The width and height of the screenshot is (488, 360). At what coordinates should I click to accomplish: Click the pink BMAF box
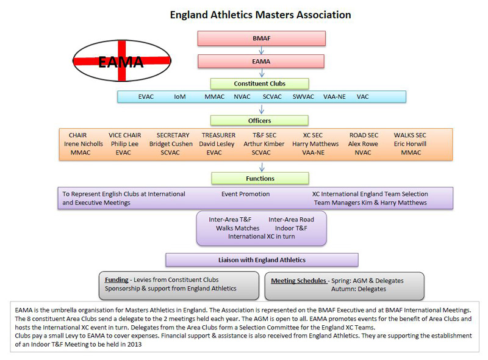262,38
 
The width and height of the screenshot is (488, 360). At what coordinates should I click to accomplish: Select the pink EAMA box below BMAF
261,62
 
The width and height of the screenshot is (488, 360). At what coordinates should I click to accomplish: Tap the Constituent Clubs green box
260,84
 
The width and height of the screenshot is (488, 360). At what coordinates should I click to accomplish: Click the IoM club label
179,97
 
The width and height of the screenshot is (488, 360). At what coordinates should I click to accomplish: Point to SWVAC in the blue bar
303,97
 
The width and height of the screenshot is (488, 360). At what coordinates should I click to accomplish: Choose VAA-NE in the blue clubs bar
334,97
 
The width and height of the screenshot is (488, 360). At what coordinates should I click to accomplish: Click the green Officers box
260,121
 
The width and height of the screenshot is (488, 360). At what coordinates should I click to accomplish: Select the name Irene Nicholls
84,144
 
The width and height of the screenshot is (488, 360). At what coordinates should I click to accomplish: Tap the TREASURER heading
218,135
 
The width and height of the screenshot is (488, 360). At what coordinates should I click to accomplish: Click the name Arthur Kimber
264,144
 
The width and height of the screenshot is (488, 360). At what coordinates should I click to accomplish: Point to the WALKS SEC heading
410,135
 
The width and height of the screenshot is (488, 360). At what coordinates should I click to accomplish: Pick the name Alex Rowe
363,144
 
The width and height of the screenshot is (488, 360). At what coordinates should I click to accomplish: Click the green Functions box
260,178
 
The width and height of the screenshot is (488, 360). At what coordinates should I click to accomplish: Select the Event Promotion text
246,194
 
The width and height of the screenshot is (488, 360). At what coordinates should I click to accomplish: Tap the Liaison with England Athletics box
262,260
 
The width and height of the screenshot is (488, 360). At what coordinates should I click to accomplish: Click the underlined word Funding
117,280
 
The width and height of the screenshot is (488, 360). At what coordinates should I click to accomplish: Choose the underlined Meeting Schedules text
298,281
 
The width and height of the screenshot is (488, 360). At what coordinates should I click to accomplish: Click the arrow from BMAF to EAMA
262,51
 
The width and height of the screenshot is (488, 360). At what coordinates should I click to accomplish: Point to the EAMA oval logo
121,61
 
